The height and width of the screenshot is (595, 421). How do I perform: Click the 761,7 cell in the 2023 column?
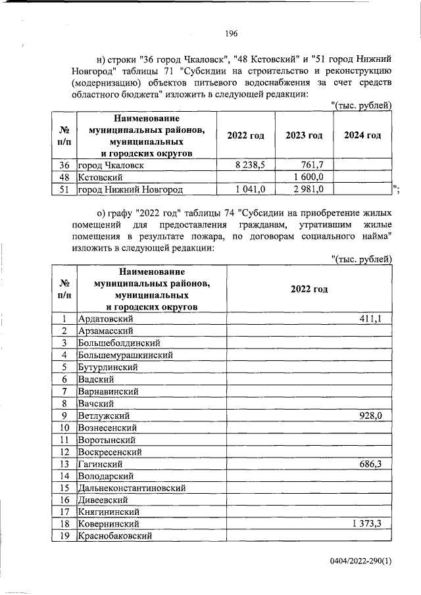point(319,165)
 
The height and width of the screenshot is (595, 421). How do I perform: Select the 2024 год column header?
point(362,135)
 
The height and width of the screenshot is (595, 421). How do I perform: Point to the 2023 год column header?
point(304,135)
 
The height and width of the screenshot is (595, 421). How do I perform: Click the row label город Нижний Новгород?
point(130,190)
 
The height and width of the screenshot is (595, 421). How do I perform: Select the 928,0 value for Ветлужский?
point(376,416)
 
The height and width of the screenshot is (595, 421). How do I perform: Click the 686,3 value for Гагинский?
point(376,464)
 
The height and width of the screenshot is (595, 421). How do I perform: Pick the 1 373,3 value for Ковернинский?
point(372,524)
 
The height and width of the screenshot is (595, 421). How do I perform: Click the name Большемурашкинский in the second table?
point(125,355)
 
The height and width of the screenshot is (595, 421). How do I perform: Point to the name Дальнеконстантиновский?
point(132,488)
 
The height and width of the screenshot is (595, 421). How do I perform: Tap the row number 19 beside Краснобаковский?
point(64,536)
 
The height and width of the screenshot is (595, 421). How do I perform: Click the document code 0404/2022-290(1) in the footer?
point(360,561)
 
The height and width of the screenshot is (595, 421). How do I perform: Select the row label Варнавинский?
point(108,391)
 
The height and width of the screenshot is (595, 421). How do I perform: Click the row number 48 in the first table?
point(64,178)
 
